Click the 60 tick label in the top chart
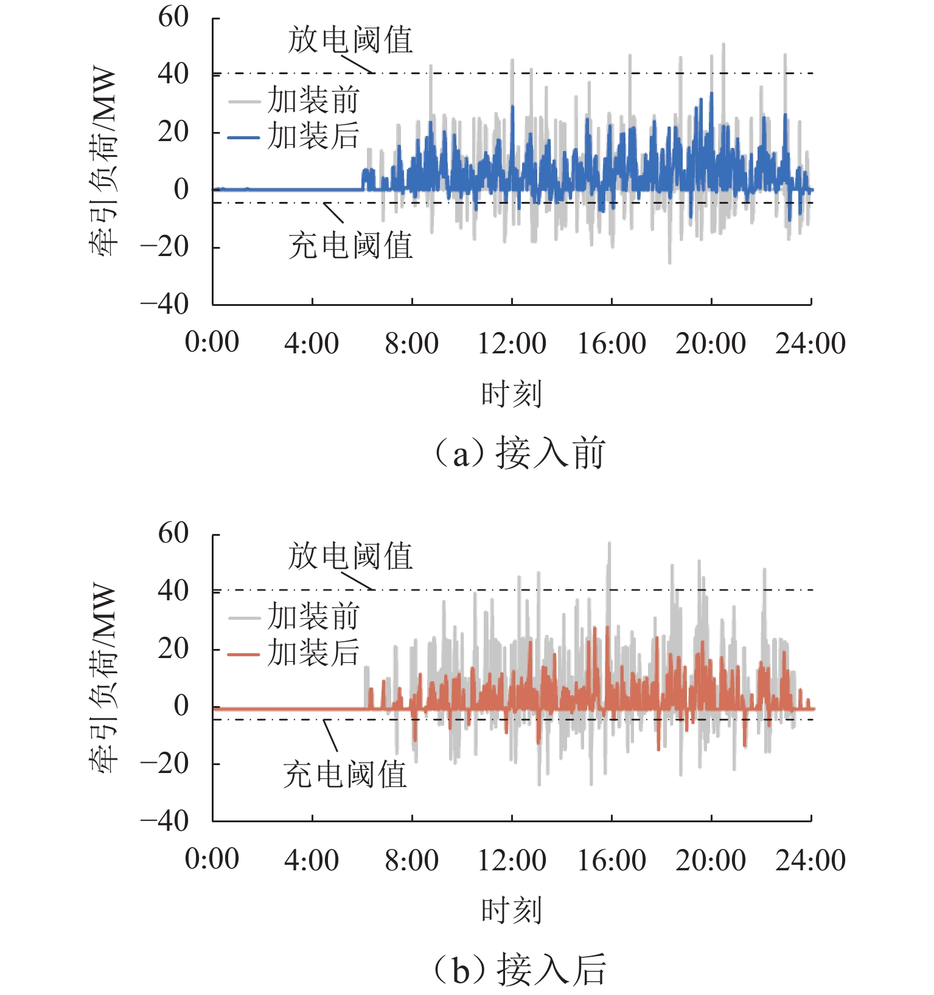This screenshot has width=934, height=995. (173, 17)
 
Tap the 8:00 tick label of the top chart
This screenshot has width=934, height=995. (411, 344)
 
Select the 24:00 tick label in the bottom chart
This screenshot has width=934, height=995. (810, 860)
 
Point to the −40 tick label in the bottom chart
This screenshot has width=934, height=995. (164, 821)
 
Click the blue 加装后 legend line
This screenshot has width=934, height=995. (244, 137)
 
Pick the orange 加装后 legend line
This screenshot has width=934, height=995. (244, 654)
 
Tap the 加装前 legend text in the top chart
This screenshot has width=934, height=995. (314, 100)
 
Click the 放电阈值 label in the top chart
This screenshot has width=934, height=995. (350, 40)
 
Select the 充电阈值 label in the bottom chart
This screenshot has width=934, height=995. (345, 775)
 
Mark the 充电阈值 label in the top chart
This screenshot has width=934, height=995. (350, 246)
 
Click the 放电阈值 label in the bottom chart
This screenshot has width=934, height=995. (350, 556)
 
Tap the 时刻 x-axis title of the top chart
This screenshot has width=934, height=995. (511, 394)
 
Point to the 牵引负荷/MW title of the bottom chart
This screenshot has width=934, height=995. (102, 678)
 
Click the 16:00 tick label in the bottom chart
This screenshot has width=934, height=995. (611, 860)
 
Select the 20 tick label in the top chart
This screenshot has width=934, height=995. (173, 131)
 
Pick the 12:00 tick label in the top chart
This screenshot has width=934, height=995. (511, 344)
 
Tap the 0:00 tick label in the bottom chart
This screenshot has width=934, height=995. (212, 860)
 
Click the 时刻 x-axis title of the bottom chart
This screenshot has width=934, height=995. (511, 910)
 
